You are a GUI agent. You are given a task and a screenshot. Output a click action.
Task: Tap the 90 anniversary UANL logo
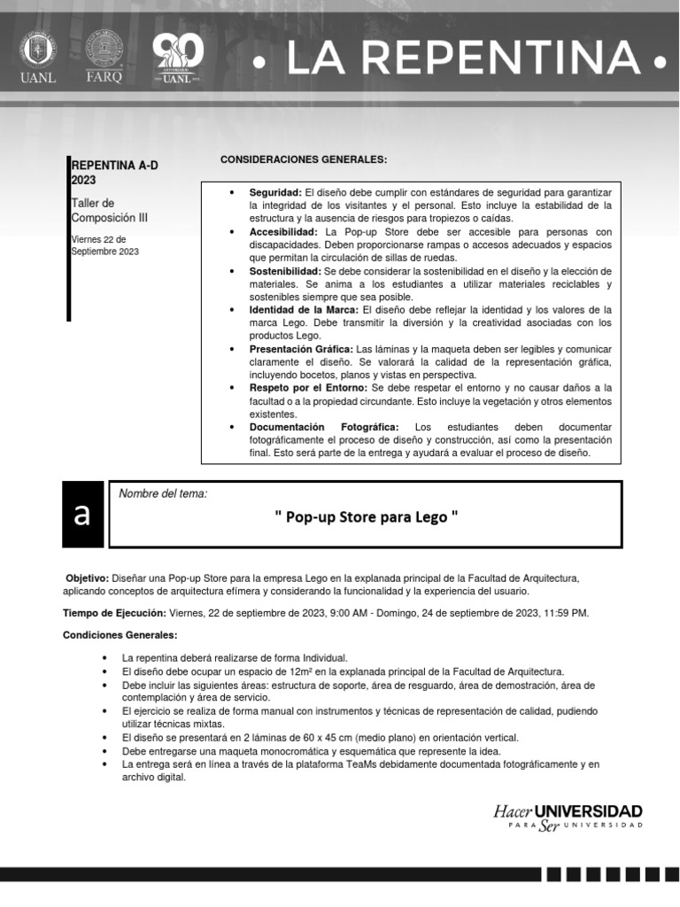click(178, 59)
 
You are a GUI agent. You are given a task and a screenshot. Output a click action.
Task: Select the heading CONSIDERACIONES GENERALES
click(304, 159)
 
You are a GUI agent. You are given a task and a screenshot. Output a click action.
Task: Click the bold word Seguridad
click(275, 192)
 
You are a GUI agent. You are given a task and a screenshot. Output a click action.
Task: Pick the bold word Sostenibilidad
click(285, 271)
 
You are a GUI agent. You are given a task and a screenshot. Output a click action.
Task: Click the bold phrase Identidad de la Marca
click(304, 310)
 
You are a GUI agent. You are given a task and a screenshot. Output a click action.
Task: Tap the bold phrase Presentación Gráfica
click(301, 349)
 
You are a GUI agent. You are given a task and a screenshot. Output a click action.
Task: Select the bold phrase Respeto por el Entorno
click(308, 388)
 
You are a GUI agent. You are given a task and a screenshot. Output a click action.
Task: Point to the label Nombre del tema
click(163, 493)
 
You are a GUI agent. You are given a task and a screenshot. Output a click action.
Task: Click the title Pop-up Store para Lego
click(367, 516)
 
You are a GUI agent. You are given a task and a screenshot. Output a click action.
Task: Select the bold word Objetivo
click(87, 578)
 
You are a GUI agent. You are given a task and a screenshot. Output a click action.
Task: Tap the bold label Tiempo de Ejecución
click(114, 612)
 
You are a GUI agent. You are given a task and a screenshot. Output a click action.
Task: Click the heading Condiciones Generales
click(120, 635)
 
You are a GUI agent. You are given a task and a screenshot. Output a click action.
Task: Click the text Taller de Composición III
click(99, 210)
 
